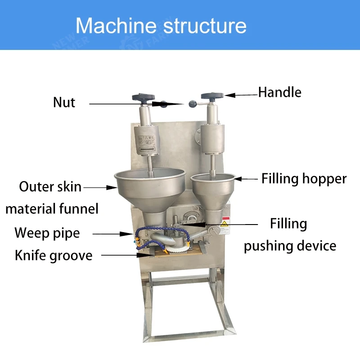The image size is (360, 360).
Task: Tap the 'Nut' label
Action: [x=64, y=102]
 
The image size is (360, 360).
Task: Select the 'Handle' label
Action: [x=279, y=92]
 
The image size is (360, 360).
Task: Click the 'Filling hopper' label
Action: [x=304, y=179]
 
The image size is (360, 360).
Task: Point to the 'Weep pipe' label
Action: [x=47, y=233]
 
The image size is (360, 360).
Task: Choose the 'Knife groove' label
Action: [x=53, y=256]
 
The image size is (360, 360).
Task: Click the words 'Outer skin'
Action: [x=50, y=186]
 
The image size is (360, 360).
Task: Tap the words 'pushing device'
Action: [x=290, y=246]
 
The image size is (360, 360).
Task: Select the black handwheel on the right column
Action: [x=212, y=96]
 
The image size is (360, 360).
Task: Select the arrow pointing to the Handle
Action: [x=241, y=94]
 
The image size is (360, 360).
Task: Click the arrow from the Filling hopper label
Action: [x=246, y=179]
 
